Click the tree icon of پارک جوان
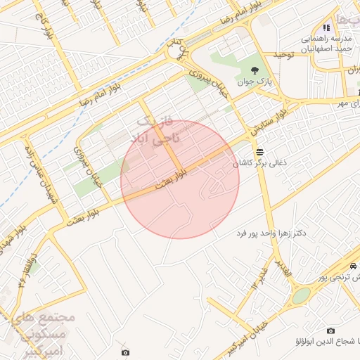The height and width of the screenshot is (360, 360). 254,70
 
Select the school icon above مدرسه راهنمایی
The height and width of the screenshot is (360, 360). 326,27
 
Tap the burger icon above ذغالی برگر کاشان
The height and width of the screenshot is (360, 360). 260,151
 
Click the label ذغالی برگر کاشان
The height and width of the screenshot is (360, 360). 260,163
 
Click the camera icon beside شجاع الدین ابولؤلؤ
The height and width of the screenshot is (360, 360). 330,330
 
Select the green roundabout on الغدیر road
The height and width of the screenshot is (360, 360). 300,295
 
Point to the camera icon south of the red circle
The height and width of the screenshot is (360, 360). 125,352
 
